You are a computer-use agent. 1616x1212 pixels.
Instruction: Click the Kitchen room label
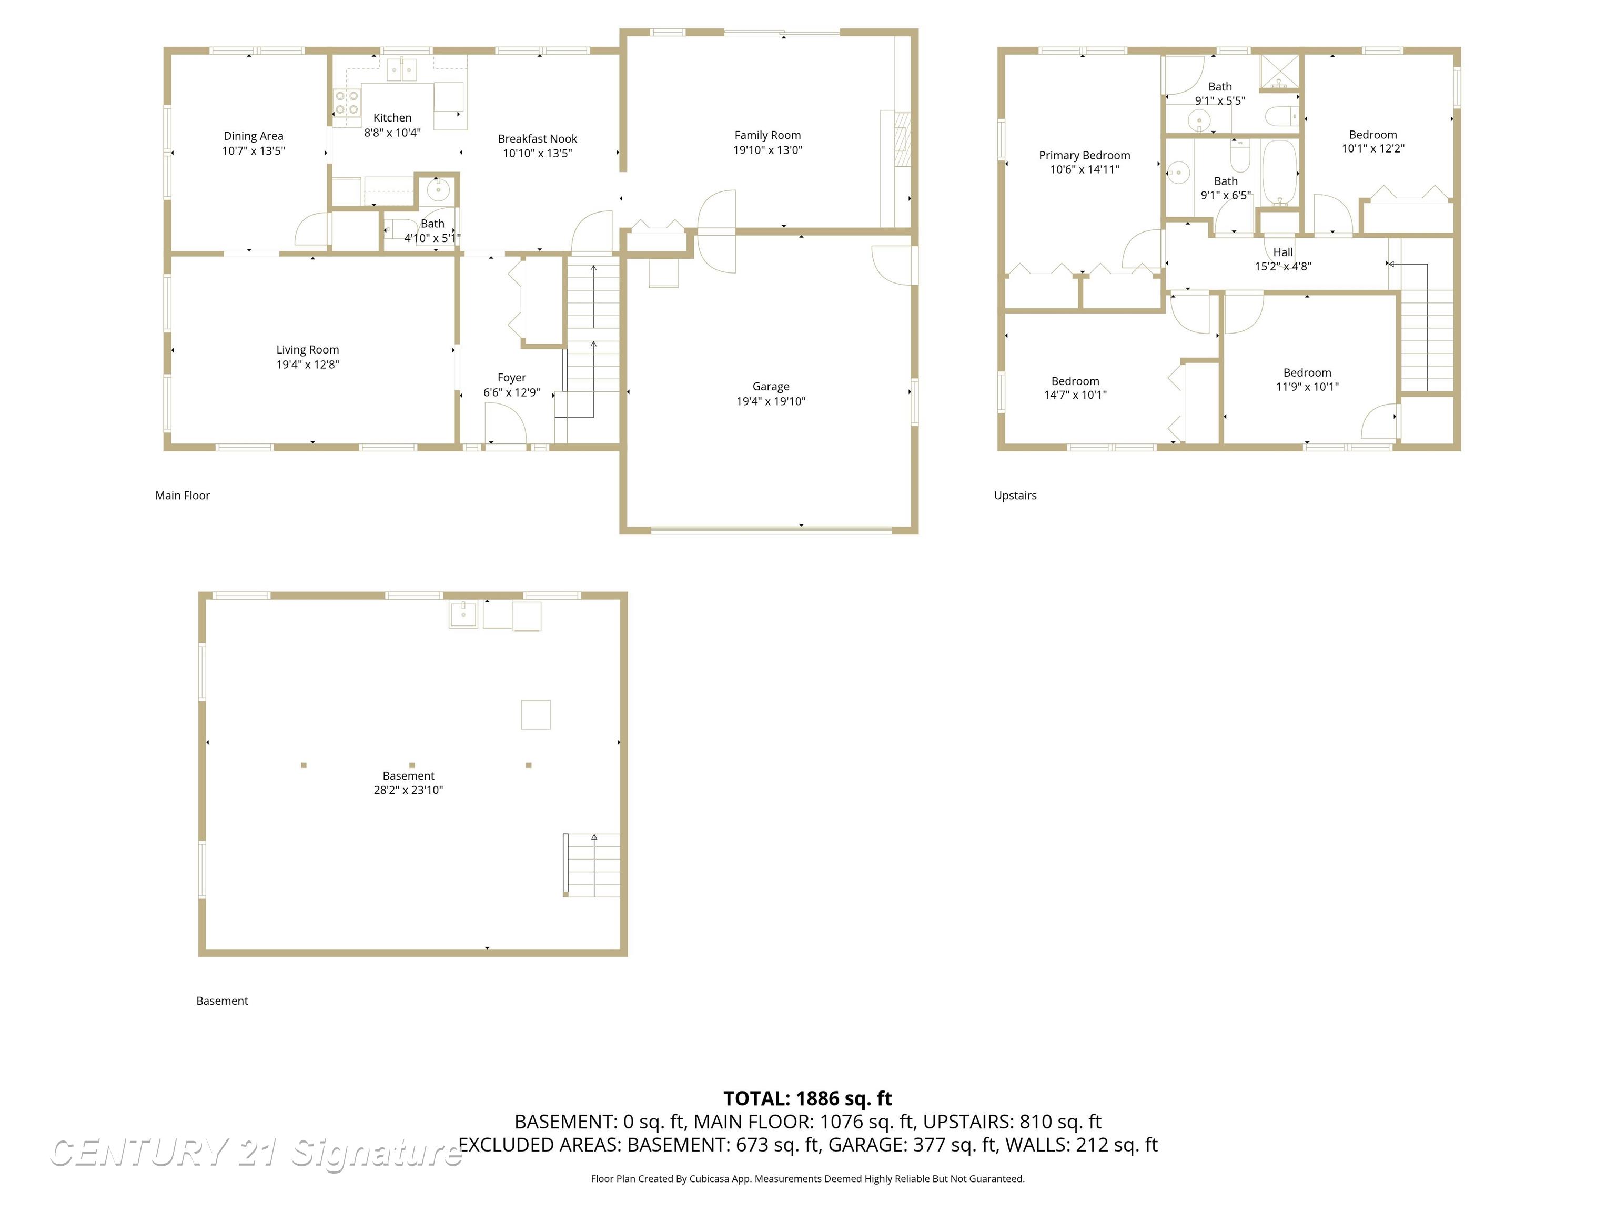click(x=392, y=118)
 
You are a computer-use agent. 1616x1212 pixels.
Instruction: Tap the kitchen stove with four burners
click(x=346, y=102)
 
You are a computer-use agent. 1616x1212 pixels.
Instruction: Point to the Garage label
click(x=770, y=387)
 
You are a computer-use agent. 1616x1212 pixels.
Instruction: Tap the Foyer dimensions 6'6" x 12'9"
click(x=511, y=392)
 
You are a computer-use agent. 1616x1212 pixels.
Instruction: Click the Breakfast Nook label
click(x=537, y=139)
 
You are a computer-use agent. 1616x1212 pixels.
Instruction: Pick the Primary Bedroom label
click(x=1084, y=155)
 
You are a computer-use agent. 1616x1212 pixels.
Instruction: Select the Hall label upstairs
click(x=1283, y=252)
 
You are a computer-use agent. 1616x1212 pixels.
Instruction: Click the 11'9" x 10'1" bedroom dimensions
click(x=1307, y=387)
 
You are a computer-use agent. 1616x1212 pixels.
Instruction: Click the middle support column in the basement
click(x=412, y=765)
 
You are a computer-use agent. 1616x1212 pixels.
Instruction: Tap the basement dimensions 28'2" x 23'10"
click(x=408, y=790)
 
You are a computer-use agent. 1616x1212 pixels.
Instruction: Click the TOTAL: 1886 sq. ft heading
click(x=807, y=1098)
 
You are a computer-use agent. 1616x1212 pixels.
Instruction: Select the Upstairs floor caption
click(x=1015, y=496)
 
